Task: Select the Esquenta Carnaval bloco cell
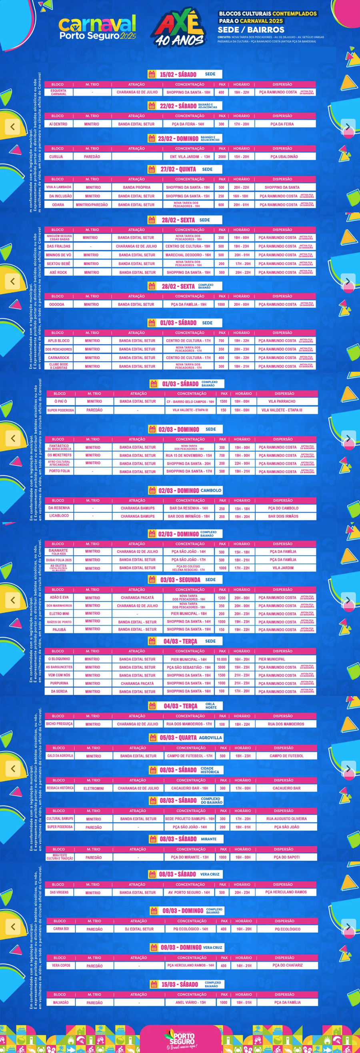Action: click(x=58, y=92)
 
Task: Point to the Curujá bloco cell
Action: click(x=56, y=156)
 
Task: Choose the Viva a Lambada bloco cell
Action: click(x=58, y=187)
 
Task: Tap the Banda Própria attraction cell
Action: click(x=136, y=187)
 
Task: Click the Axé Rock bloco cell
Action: click(x=58, y=272)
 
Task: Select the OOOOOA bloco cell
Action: click(x=57, y=304)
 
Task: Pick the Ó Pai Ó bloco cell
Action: click(x=60, y=402)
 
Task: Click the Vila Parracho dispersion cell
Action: click(x=282, y=402)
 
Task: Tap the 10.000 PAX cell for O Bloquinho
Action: click(x=222, y=659)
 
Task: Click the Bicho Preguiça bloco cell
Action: click(x=59, y=724)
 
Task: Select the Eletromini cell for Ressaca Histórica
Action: click(x=94, y=788)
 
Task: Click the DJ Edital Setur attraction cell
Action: click(x=139, y=929)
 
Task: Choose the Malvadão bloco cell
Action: click(x=60, y=1002)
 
